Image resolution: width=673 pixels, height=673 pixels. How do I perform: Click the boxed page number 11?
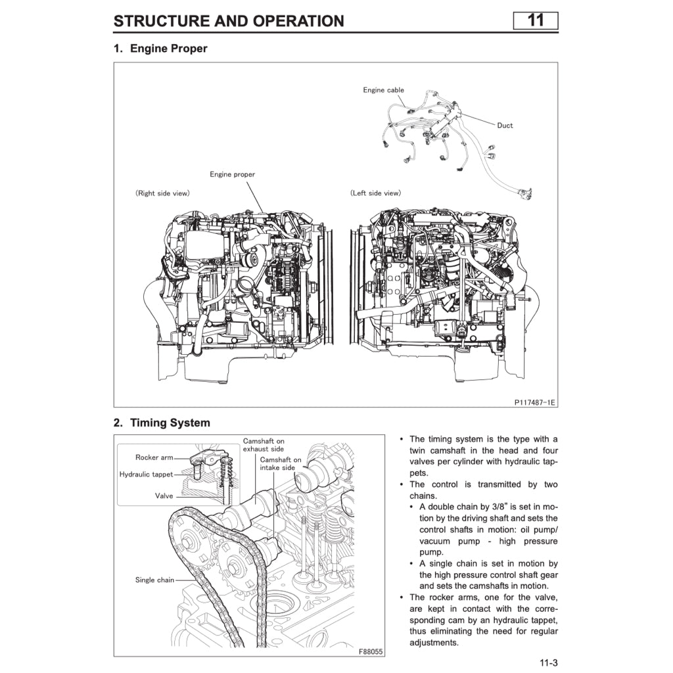pos(536,20)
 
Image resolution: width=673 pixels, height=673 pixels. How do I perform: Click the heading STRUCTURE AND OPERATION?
pos(229,21)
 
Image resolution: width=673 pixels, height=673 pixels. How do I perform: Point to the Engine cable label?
pos(384,90)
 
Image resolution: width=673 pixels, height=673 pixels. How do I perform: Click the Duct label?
pos(505,126)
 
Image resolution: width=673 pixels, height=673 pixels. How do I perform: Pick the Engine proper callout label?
pos(232,175)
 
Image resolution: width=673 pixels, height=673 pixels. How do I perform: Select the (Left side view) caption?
pos(375,193)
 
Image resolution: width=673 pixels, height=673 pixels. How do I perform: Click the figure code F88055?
pos(371,651)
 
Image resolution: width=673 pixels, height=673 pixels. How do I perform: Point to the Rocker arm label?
pos(154,457)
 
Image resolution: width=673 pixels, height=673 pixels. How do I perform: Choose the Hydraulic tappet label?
pos(146,474)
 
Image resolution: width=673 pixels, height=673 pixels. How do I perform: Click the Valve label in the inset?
pos(164,496)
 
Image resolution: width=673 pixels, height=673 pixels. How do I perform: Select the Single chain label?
pos(155,580)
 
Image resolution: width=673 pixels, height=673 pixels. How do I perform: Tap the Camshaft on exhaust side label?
pos(264,445)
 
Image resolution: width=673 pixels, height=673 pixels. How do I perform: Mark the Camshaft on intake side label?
pos(281,464)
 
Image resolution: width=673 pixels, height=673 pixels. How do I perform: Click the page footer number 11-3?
pos(548,662)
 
